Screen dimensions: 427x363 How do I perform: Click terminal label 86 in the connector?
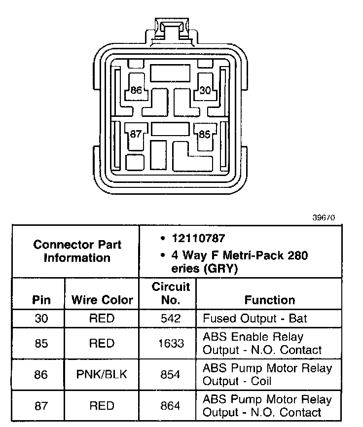click(137, 90)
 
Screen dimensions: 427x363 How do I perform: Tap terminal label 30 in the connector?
click(205, 90)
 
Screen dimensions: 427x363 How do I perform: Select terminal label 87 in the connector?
click(136, 134)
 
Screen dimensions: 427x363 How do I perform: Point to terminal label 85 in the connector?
click(204, 134)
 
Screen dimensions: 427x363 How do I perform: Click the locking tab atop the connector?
click(170, 28)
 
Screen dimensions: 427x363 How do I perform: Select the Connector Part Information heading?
click(77, 251)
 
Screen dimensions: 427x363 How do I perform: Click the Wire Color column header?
click(102, 300)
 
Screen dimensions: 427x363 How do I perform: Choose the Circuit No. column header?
click(171, 293)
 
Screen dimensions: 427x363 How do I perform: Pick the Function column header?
click(269, 300)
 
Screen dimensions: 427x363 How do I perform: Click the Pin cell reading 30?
click(41, 319)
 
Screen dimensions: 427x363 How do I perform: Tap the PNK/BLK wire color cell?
click(102, 374)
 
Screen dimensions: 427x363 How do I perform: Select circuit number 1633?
click(171, 343)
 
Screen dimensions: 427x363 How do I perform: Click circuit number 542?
click(171, 319)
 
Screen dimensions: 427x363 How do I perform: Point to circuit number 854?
click(171, 374)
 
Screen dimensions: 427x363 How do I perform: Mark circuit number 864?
click(171, 406)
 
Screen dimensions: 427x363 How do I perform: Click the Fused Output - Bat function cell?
click(255, 319)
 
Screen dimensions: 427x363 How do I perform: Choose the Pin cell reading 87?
click(41, 406)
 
